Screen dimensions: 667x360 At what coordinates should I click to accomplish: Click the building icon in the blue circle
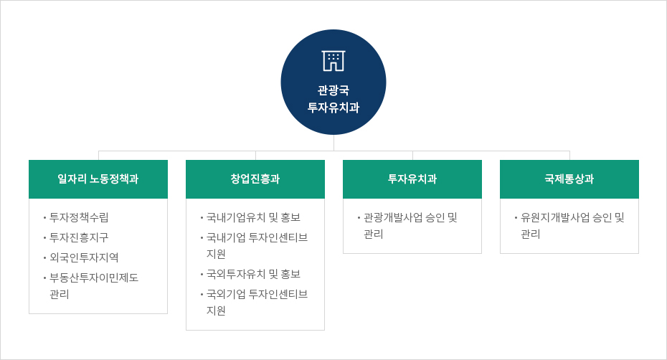coord(333,61)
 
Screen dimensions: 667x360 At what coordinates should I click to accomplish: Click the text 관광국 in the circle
coord(333,90)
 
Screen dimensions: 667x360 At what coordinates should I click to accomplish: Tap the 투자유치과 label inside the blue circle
coord(333,108)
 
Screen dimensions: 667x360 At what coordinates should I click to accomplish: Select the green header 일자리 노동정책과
coord(98,179)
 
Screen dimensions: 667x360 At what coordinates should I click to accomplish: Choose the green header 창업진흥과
coord(255,179)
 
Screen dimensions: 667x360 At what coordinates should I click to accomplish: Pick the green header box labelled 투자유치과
coord(412,179)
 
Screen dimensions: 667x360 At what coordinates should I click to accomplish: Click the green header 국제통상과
coord(569,179)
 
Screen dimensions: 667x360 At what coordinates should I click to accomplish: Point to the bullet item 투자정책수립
coord(79,217)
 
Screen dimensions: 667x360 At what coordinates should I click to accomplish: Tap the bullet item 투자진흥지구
coord(79,237)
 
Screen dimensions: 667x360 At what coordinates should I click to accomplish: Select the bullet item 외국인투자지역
coord(84,257)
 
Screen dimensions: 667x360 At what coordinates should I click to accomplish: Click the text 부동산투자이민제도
coord(94,278)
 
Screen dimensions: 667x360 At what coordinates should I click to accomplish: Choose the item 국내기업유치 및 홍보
coord(253,217)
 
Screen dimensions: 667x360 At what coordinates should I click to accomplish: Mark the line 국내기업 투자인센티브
coord(257,237)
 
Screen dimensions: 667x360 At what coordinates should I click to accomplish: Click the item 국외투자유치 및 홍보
coord(253,274)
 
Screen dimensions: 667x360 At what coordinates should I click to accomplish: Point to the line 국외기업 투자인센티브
coord(257,294)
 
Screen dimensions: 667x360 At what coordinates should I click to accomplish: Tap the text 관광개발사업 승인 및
coord(410,217)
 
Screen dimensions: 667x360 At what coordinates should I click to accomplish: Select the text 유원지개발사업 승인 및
coord(572,217)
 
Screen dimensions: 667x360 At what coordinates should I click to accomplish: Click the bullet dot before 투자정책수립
coord(44,218)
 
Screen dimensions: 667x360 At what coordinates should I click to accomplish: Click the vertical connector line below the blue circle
coord(333,143)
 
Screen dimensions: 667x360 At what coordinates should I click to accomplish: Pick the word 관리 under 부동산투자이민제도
coord(59,295)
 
